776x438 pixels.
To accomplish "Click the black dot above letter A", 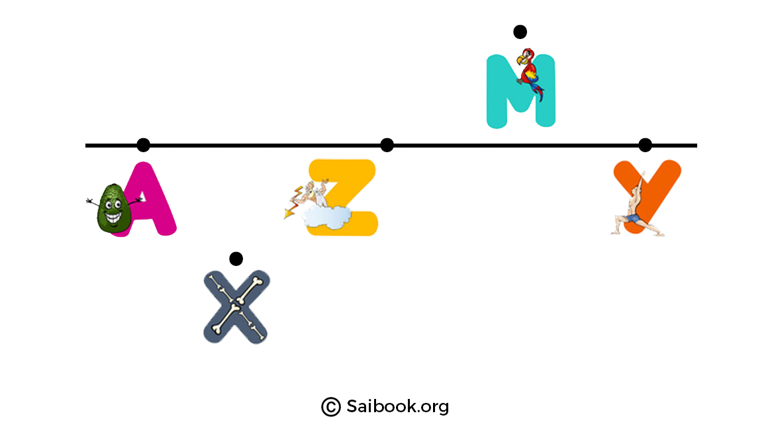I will coord(143,145).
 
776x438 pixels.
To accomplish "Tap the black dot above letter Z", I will coord(387,145).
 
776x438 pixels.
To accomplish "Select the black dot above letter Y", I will coord(645,145).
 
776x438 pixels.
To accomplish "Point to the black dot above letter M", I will coord(520,32).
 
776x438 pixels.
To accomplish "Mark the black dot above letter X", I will coord(236,259).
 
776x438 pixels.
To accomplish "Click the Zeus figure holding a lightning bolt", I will coord(307,197).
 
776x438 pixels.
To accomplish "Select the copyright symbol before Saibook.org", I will coord(330,406).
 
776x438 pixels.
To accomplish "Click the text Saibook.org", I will coord(397,406).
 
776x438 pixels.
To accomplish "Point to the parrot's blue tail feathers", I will coord(538,92).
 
